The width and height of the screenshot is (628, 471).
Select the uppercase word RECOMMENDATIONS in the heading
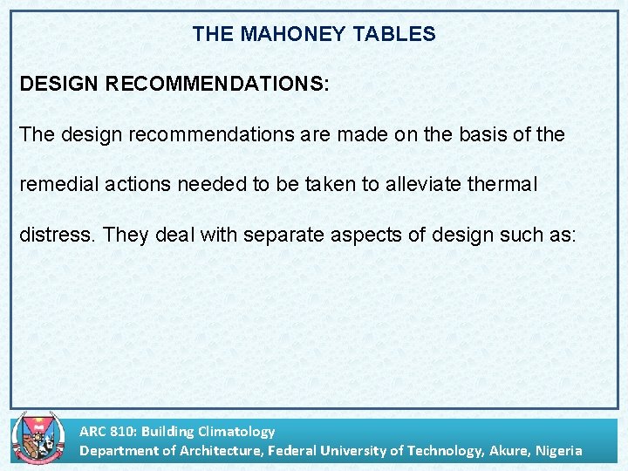(217, 85)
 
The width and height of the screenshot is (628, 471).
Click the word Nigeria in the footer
(559, 450)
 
